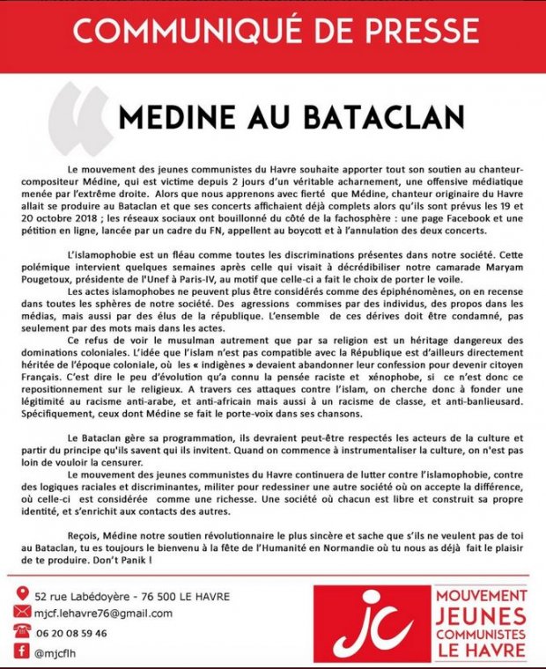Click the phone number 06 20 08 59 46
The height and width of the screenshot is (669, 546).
(71, 632)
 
